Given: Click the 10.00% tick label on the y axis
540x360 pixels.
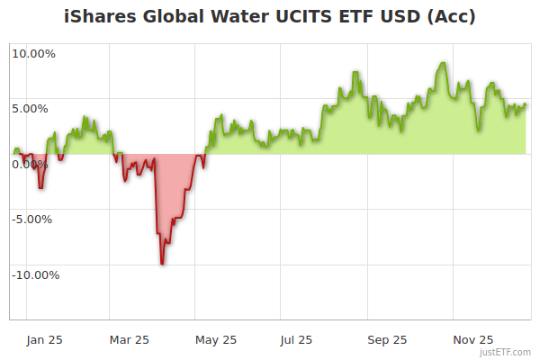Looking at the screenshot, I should pos(33,53).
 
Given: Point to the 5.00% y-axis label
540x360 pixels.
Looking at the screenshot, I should pos(33,108).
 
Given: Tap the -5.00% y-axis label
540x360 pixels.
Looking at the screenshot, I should pos(33,219).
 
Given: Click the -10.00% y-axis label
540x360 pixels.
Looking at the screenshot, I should pos(35,274).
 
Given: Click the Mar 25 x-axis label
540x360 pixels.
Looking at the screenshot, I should pos(129,339).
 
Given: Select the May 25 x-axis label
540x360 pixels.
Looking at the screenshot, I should pos(216,339).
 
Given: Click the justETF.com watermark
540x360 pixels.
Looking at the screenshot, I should pos(504,352).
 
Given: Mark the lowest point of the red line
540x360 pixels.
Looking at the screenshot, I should pos(162,264).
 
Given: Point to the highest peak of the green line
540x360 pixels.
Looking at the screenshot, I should pos(443,63).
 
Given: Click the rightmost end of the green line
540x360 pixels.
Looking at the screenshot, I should pos(526,104).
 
